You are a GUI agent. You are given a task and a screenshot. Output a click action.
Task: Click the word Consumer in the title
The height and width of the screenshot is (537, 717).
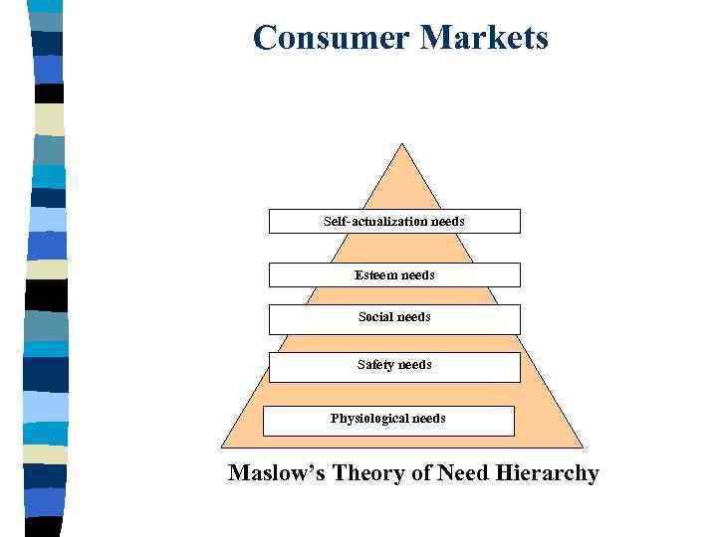(x=332, y=38)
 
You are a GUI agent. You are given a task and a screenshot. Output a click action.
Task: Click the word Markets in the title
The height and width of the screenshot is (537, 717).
(x=484, y=38)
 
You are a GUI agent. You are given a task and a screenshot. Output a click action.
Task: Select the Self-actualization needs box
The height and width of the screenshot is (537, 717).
(x=394, y=221)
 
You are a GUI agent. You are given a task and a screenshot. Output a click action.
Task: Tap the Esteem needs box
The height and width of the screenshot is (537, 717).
(x=394, y=274)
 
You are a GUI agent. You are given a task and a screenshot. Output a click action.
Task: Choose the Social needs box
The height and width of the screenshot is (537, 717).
(x=394, y=318)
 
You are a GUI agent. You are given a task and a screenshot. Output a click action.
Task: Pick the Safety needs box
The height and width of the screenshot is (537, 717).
(x=394, y=366)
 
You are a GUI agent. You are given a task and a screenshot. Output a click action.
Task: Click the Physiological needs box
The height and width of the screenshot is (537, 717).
(x=388, y=420)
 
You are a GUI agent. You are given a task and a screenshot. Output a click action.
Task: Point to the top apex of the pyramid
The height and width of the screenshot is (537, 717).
(x=402, y=144)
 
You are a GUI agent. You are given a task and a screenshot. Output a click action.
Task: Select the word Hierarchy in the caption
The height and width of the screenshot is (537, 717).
(x=547, y=472)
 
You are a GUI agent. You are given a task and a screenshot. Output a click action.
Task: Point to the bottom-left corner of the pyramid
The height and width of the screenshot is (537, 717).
(x=221, y=447)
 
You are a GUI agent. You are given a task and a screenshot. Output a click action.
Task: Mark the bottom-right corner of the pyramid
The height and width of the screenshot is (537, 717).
(x=583, y=447)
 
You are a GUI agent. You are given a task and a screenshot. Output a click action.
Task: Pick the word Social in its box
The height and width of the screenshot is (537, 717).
(x=375, y=317)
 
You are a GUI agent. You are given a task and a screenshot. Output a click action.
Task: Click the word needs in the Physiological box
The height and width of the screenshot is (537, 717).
(x=427, y=419)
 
